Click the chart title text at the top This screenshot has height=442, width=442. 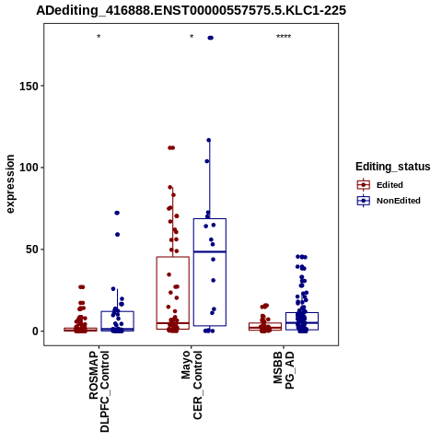[191, 10]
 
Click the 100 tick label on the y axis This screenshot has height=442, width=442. [29, 168]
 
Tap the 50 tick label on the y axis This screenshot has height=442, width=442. [32, 250]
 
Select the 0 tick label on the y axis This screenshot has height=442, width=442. [35, 331]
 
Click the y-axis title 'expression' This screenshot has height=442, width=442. [10, 184]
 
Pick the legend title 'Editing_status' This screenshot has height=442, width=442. [393, 167]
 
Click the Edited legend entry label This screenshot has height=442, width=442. [390, 185]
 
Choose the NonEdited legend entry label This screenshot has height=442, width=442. [399, 201]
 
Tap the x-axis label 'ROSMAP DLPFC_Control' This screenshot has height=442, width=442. [99, 391]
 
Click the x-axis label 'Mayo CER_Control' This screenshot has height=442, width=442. [192, 385]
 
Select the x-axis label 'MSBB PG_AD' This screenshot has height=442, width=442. [284, 370]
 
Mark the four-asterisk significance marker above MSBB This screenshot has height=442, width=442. [284, 37]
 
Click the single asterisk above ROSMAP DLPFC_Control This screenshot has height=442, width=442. [99, 37]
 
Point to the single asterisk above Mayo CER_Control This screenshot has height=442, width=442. [192, 37]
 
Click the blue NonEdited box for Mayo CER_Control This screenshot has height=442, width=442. [210, 219]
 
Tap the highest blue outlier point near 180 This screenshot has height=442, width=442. [211, 38]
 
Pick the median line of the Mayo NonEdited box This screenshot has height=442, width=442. [210, 251]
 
